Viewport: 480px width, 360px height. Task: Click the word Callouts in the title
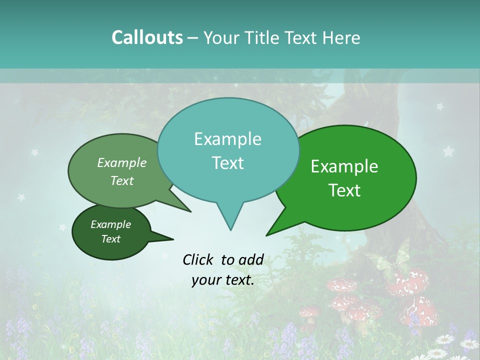pos(147,37)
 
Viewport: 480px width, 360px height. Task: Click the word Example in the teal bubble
pos(227,139)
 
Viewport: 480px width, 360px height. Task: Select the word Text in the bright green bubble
pos(345,190)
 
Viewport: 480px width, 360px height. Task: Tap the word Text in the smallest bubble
pos(111,239)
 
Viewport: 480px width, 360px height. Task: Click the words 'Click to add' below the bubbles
pos(223,259)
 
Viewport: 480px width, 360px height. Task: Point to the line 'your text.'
pos(223,280)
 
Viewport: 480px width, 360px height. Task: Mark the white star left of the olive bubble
pos(34,152)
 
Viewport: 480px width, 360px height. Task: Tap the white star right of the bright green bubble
pos(448,150)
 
